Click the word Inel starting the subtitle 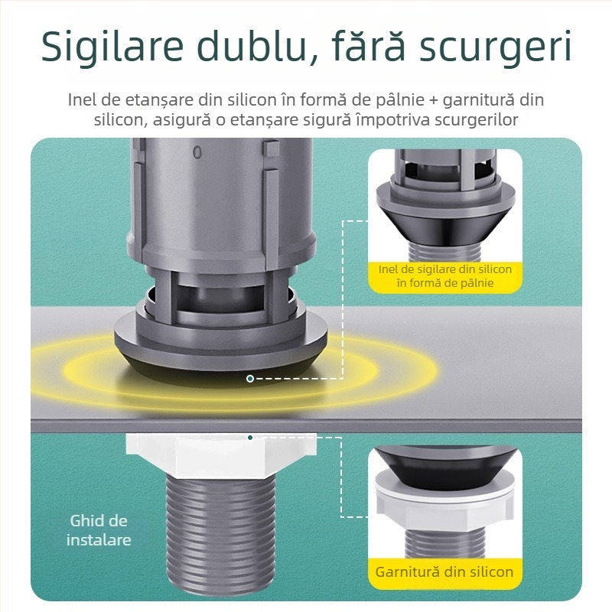coord(82,100)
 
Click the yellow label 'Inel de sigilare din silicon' coord(444,276)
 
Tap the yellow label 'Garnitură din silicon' coord(444,571)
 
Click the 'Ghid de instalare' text coord(99,530)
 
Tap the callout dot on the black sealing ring coord(249,379)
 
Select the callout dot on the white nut coord(249,438)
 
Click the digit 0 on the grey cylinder coord(197,152)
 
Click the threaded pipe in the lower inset coord(444,545)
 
